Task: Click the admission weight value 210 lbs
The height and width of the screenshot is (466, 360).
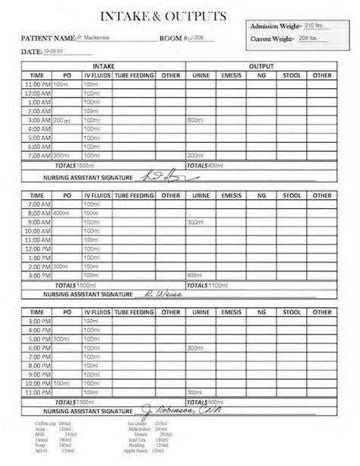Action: [312, 26]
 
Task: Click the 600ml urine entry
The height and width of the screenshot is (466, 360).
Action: [196, 120]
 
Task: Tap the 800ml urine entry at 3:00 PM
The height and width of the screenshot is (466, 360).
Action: [196, 274]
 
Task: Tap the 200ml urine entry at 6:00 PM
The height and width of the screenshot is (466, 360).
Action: [196, 348]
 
